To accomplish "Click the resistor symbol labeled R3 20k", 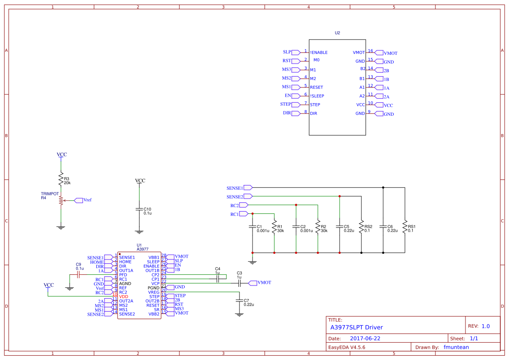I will point(61,179).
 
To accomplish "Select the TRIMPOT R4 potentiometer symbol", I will point(61,201).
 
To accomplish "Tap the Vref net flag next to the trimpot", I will point(79,200).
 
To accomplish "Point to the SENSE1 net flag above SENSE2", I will point(248,188).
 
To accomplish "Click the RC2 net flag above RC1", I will point(243,205).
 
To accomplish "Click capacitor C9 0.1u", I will point(78,275).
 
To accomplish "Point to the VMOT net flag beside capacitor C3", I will point(253,283).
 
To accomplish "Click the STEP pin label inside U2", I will point(315,105).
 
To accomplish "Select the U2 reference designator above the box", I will point(337,33).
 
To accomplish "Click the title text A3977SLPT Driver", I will point(357,327).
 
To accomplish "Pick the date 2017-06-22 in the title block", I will point(365,338).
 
